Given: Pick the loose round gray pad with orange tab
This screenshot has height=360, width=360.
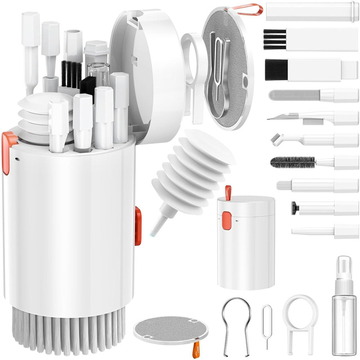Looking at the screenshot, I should [160, 330].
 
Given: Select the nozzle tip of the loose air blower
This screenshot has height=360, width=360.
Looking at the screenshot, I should [154, 228].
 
